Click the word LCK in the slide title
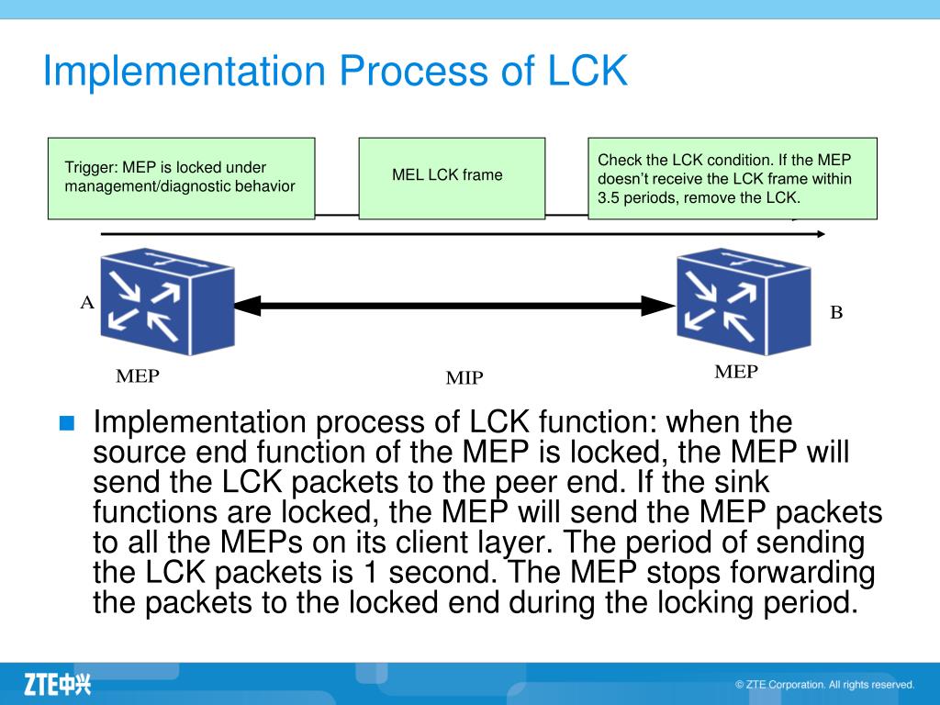(587, 70)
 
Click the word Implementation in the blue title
(184, 72)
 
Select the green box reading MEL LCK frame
(452, 178)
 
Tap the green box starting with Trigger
(181, 178)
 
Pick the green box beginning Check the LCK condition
(733, 178)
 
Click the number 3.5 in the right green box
(609, 197)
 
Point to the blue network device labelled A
(167, 301)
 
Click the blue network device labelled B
(744, 301)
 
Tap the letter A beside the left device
(87, 302)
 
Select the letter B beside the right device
(836, 312)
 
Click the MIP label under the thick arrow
(464, 377)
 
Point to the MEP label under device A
(138, 375)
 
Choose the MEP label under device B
(736, 372)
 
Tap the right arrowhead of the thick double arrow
(658, 306)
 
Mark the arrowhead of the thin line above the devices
(821, 234)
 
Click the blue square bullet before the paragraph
(67, 423)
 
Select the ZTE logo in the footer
(58, 684)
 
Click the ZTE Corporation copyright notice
(825, 685)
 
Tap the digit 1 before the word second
(371, 573)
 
